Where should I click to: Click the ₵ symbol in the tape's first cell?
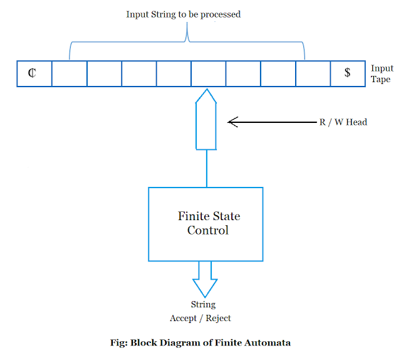pos(32,73)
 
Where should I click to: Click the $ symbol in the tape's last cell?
pos(347,73)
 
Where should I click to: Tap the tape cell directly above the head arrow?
pos(208,73)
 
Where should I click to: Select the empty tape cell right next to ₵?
pos(69,73)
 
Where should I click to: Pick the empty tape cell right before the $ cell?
pos(313,73)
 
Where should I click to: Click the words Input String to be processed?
pos(183,14)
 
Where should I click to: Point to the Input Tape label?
pos(382,73)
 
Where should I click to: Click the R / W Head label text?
pos(343,122)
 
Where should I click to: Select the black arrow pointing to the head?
pos(269,122)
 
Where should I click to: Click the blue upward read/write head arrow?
pos(206,119)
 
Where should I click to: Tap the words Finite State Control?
pos(209,223)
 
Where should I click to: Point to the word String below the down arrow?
pos(202,305)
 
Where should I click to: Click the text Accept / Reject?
pos(200,318)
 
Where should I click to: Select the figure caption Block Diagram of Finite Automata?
pos(200,342)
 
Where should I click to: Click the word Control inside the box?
pos(208,230)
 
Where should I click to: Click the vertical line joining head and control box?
pos(206,168)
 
